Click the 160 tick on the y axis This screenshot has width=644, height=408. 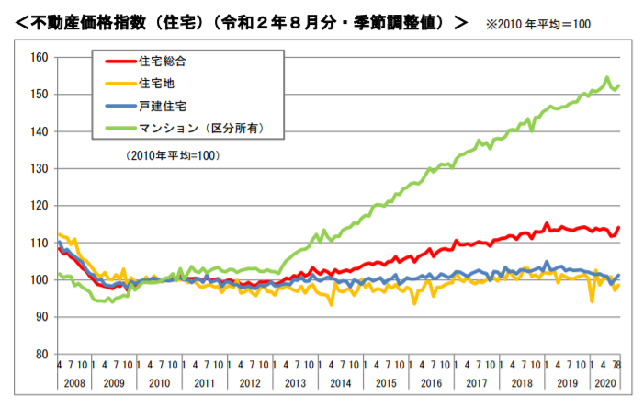click(x=37, y=57)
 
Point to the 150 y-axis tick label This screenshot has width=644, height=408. click(x=37, y=94)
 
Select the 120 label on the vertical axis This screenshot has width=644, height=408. click(x=37, y=205)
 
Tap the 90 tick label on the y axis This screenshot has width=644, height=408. click(x=39, y=317)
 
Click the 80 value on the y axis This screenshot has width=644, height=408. click(x=39, y=354)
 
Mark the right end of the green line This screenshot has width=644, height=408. click(x=619, y=85)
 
